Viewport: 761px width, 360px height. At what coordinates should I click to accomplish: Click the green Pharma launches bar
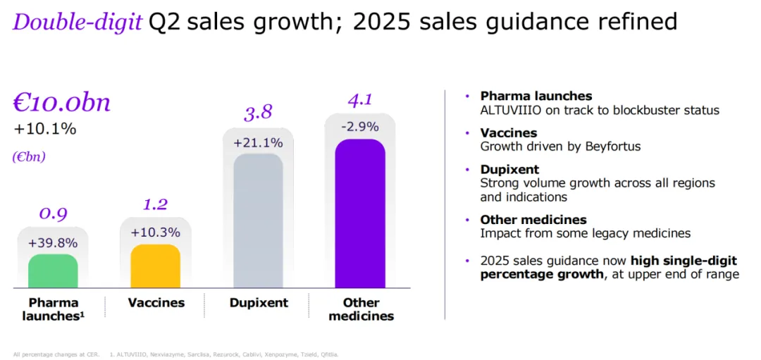click(53, 271)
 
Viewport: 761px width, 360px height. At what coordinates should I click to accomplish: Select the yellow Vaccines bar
click(156, 266)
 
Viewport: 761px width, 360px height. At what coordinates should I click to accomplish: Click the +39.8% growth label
click(53, 243)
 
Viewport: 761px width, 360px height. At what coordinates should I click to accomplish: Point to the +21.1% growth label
click(258, 143)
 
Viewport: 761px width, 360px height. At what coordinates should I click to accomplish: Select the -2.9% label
click(360, 128)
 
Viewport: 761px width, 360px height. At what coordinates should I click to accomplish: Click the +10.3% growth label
click(156, 232)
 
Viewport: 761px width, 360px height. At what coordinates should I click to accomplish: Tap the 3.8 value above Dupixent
click(258, 113)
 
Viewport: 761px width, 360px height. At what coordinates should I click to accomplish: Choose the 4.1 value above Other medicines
click(360, 100)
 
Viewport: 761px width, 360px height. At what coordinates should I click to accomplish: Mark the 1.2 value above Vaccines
click(156, 204)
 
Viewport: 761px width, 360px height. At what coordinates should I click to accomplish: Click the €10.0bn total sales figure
click(61, 103)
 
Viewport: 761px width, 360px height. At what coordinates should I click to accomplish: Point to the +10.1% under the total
click(45, 129)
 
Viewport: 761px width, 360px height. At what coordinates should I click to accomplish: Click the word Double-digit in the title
click(77, 22)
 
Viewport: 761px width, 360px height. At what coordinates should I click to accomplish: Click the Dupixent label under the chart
click(259, 303)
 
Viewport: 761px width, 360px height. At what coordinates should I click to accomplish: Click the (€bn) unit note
click(29, 157)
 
